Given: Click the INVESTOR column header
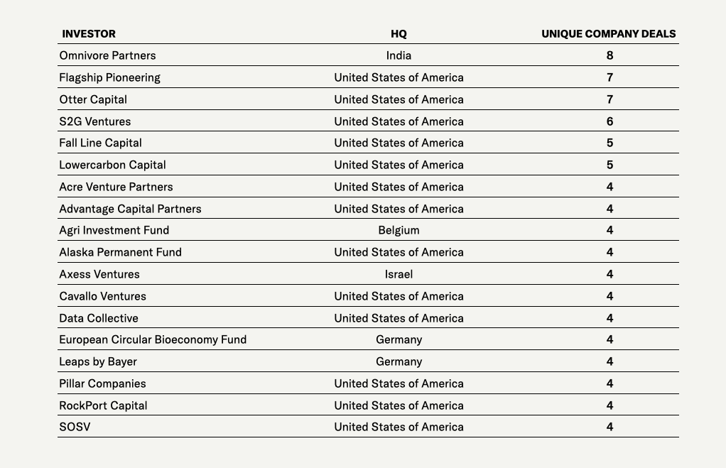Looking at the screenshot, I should pos(89,33).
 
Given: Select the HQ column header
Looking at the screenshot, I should pos(399,33).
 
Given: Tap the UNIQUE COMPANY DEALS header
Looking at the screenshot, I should pos(608,33).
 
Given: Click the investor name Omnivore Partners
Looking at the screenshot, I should pos(107,55).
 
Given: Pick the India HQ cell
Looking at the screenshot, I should pos(399,55).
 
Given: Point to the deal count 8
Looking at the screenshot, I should pos(609,55).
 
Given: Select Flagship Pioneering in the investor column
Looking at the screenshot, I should pos(109,77).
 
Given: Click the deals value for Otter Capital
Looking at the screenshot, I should pos(609,99).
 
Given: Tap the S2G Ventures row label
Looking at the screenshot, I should pos(94,121).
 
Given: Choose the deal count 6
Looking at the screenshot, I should pos(609,121).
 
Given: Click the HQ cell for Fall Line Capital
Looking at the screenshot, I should pos(399,143).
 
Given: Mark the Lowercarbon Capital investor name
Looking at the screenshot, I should pos(112,165).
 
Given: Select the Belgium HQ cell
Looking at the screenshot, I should pos(399,230).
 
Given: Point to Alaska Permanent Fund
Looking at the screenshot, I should pos(120,252).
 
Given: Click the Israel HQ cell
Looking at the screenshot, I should pos(399,274).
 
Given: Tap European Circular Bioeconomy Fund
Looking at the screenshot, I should pos(153,339).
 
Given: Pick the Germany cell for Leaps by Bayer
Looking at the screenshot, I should pos(399,361).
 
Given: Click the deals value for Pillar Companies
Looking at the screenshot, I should pos(609,383).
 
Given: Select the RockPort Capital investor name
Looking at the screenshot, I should pos(103,406).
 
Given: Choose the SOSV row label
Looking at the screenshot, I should pos(75,427).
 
